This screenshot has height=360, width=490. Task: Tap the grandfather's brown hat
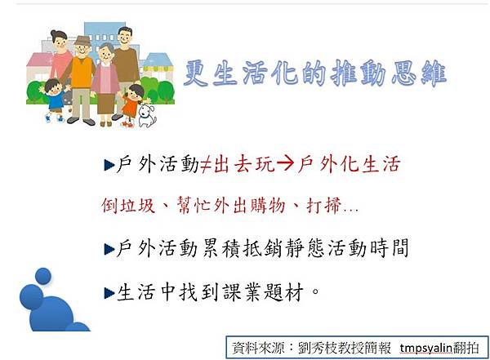[82, 41]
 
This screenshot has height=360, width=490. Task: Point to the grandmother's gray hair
[106, 48]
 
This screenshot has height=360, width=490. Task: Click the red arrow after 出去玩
[285, 164]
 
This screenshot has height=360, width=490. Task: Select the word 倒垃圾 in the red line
[128, 206]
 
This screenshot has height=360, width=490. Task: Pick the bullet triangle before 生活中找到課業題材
[109, 293]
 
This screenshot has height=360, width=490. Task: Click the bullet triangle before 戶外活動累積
[109, 249]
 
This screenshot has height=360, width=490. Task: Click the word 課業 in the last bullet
[242, 292]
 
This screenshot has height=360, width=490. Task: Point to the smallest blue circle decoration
[43, 276]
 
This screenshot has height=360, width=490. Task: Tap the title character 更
[196, 73]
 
